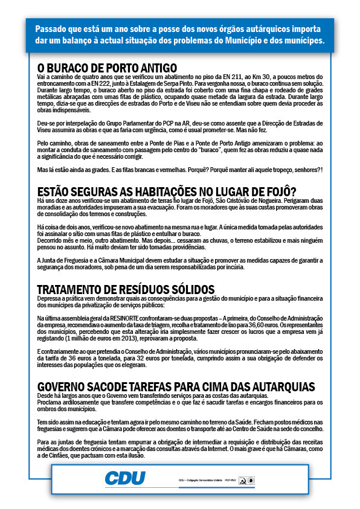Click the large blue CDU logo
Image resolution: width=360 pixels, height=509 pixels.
tap(125, 479)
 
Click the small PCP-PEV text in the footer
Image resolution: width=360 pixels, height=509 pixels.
tap(230, 481)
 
